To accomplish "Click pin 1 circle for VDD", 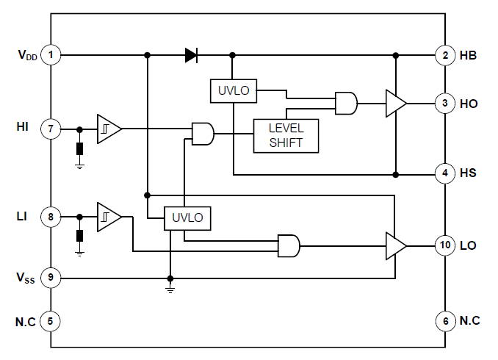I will (51, 54).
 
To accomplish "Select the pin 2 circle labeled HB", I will (445, 54).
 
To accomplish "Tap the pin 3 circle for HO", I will (445, 104).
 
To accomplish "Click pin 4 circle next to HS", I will (445, 174).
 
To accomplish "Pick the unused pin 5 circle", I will (51, 320).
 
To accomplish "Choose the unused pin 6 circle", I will (445, 320).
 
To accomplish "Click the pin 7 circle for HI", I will (51, 129).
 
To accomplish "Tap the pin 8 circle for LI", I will (51, 217).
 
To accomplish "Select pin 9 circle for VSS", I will (51, 278).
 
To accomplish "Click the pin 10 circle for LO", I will (445, 245).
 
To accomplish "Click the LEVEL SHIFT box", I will (286, 135).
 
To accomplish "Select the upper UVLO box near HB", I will (234, 91).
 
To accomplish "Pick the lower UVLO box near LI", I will (187, 217).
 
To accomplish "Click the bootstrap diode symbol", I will (191, 54).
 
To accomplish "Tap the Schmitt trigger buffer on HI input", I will (108, 129).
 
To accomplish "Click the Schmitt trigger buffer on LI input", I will (108, 217).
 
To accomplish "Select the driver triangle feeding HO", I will (395, 104).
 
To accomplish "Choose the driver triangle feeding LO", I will (395, 245).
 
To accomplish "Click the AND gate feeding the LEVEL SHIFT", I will (202, 134).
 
